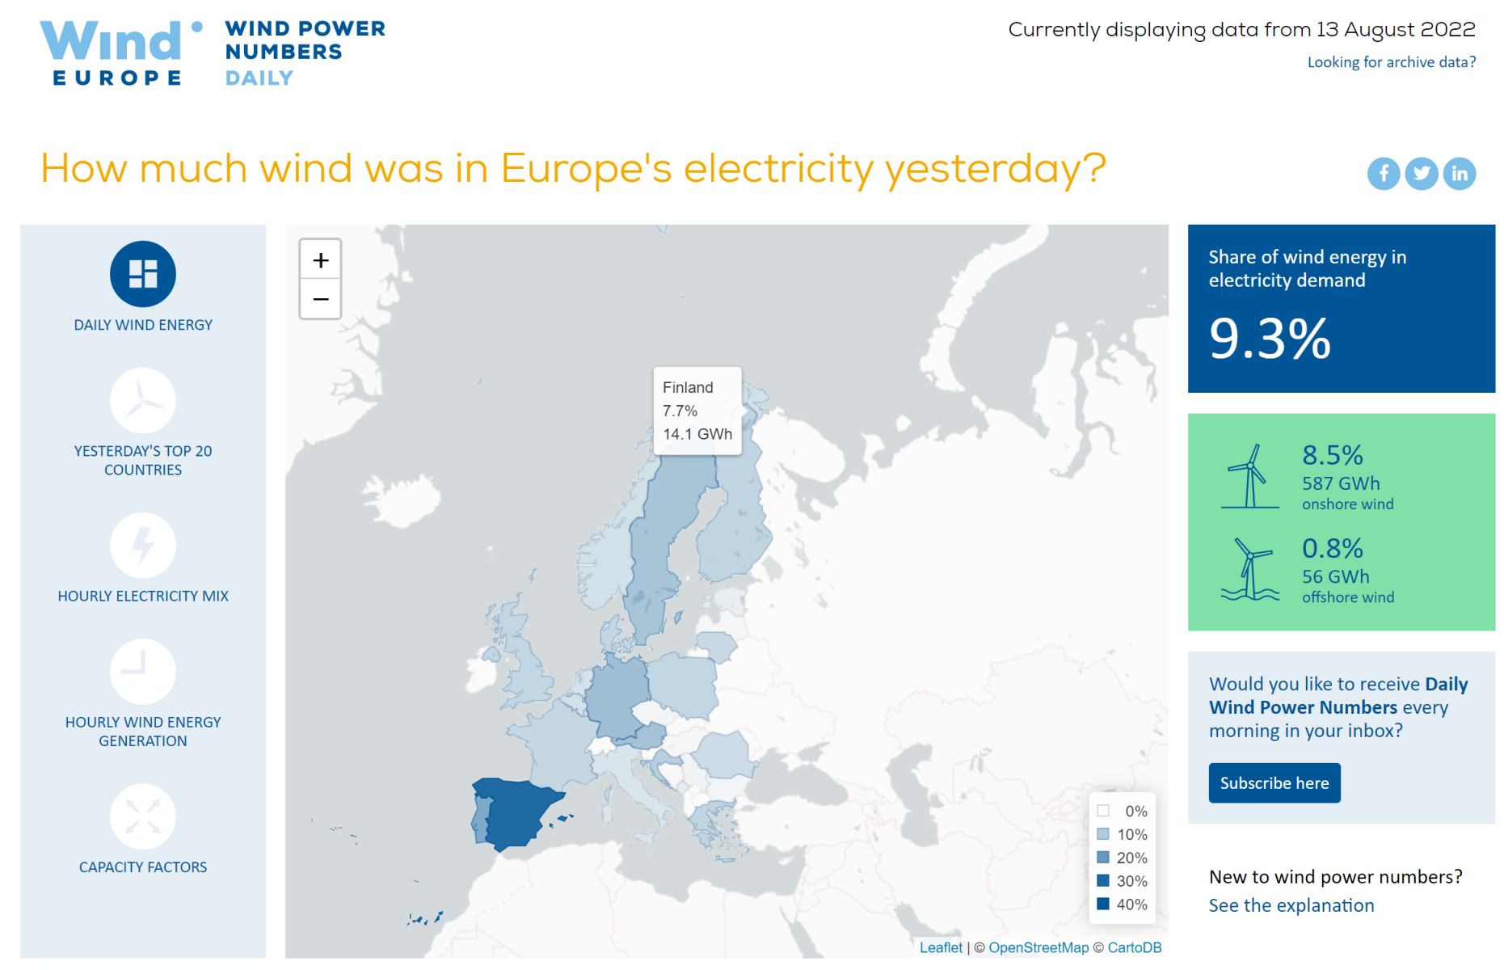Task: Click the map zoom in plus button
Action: tap(321, 260)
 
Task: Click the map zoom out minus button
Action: tap(321, 299)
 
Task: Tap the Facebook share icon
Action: tap(1384, 174)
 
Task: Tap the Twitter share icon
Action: tap(1422, 174)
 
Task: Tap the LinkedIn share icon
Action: tap(1460, 174)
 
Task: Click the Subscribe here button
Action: tap(1274, 783)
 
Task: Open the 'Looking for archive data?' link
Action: tap(1392, 62)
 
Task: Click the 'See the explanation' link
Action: tap(1291, 905)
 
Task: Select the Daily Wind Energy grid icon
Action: tap(143, 274)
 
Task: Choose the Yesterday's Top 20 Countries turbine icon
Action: tap(143, 400)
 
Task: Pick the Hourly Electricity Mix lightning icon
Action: tap(143, 546)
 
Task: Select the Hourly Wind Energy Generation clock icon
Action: tap(143, 672)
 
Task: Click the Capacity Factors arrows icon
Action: tap(143, 816)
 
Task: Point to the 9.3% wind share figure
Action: tap(1270, 339)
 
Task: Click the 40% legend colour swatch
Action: tap(1103, 904)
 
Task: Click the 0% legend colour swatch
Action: tap(1103, 811)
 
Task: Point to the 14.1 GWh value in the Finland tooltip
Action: tap(697, 434)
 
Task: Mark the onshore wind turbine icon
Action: tap(1250, 476)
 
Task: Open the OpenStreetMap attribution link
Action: tap(1038, 947)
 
